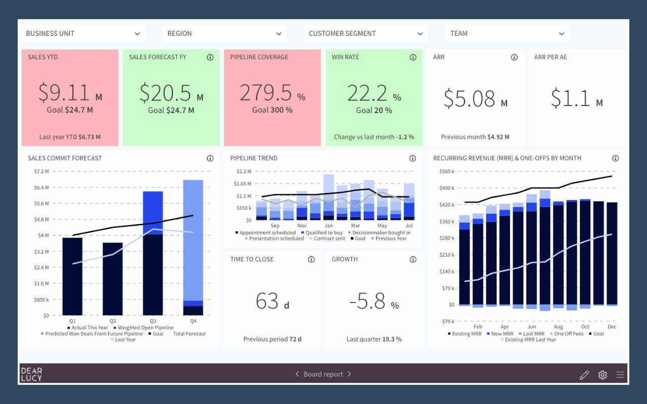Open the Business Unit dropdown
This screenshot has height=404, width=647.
83,33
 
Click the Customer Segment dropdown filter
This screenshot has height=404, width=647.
366,33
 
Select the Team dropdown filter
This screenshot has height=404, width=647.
507,33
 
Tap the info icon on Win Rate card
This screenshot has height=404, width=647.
413,57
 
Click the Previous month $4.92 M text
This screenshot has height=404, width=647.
475,137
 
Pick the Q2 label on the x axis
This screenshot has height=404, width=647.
113,321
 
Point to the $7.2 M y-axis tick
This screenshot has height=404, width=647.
41,171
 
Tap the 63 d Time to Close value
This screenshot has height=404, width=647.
272,302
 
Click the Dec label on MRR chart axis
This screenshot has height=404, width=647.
612,327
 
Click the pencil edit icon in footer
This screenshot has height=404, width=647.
584,375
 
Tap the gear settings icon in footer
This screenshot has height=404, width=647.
603,375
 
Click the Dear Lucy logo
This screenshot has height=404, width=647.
31,374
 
